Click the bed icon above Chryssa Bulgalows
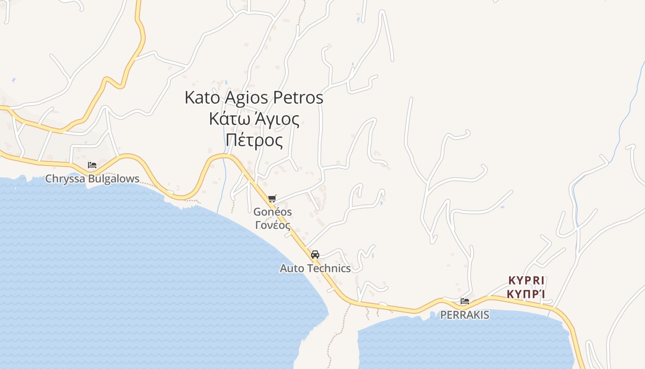tap(92, 165)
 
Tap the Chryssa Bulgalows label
tap(92, 179)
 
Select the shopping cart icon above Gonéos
tap(272, 198)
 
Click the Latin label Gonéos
tap(273, 212)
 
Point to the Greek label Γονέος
tap(273, 225)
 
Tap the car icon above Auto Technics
tap(315, 254)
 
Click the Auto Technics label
tap(315, 268)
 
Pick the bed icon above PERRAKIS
tap(465, 301)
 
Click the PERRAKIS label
tap(465, 315)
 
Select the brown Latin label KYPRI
tap(526, 280)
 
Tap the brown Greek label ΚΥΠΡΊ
tap(526, 293)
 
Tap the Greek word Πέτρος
tap(254, 140)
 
